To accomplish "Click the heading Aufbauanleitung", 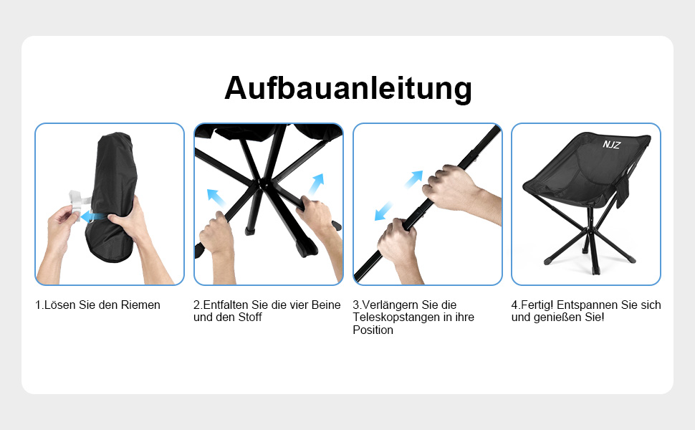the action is tap(348, 88).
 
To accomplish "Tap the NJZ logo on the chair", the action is tap(611, 145).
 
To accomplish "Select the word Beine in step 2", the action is tap(326, 305).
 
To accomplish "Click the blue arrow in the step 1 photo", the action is tap(94, 216).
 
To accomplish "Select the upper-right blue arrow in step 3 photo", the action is tap(413, 179).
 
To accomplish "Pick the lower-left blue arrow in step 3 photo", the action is tap(383, 211).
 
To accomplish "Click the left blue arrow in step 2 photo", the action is tap(216, 198).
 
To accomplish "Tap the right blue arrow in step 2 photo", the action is tap(317, 184).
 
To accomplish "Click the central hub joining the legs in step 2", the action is tap(264, 183).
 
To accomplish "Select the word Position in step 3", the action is tap(373, 330).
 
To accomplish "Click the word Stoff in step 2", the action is tap(250, 317).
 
